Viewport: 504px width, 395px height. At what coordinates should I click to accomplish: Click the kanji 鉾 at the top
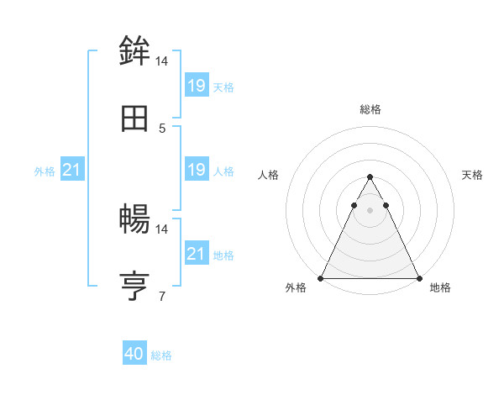(135, 51)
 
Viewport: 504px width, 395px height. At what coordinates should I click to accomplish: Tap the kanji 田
(135, 118)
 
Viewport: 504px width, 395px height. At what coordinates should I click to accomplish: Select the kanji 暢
(135, 219)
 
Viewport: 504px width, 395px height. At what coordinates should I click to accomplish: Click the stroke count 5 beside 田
(162, 129)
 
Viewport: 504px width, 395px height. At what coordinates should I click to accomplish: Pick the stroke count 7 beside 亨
(162, 296)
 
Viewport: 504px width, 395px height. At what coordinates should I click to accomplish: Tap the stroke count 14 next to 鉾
(162, 61)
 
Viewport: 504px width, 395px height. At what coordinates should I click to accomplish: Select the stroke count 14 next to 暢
(162, 229)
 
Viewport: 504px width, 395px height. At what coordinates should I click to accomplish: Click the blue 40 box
(134, 355)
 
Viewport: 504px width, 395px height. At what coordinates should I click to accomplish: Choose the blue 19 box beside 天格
(197, 86)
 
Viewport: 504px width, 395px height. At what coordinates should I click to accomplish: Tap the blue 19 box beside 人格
(197, 171)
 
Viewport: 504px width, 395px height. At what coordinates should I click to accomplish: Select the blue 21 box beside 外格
(72, 171)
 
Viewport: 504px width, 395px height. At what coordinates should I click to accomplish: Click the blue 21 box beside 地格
(197, 254)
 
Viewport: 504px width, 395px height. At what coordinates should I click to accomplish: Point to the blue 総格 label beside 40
(161, 355)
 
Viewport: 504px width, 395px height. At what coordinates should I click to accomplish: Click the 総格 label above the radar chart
(370, 109)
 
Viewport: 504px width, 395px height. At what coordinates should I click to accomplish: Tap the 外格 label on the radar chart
(296, 288)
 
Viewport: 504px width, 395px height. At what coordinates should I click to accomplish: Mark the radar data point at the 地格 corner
(418, 277)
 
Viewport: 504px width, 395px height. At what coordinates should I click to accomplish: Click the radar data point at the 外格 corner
(322, 277)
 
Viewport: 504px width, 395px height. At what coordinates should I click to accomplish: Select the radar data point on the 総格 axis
(370, 177)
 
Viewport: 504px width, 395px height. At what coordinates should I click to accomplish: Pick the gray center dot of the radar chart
(370, 210)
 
